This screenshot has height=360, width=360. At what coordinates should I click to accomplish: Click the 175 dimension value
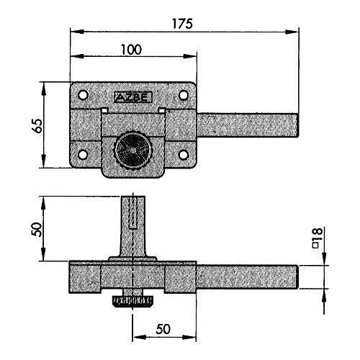(x=182, y=24)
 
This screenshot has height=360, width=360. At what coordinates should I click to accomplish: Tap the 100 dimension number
(x=132, y=50)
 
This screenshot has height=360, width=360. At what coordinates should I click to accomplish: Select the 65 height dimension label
(x=37, y=125)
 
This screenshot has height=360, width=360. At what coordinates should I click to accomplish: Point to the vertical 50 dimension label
(x=37, y=229)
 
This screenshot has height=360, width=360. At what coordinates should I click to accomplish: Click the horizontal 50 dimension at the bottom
(x=163, y=329)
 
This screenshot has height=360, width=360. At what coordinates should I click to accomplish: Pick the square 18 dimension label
(x=317, y=238)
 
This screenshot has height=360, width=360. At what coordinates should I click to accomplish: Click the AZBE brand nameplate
(x=133, y=97)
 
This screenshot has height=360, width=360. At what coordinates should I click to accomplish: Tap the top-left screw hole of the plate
(x=83, y=95)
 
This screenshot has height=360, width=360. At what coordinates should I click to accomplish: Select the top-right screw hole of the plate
(x=184, y=95)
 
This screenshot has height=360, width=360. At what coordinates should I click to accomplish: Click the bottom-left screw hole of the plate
(x=83, y=155)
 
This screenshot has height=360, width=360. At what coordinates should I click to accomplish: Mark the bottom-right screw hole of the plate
(x=184, y=155)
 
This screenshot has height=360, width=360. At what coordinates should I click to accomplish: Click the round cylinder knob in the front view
(x=133, y=150)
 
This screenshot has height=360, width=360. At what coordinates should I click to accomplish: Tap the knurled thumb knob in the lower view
(x=132, y=302)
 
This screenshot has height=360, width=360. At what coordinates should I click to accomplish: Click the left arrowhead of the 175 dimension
(x=77, y=32)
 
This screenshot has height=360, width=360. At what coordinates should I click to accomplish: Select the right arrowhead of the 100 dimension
(x=190, y=57)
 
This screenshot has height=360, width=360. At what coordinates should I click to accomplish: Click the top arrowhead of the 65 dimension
(x=43, y=89)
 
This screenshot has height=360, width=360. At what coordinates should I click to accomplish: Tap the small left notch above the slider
(x=104, y=110)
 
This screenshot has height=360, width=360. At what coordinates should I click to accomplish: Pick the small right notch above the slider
(x=162, y=110)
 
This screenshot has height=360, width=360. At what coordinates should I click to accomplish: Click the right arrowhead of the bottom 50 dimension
(x=189, y=337)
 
